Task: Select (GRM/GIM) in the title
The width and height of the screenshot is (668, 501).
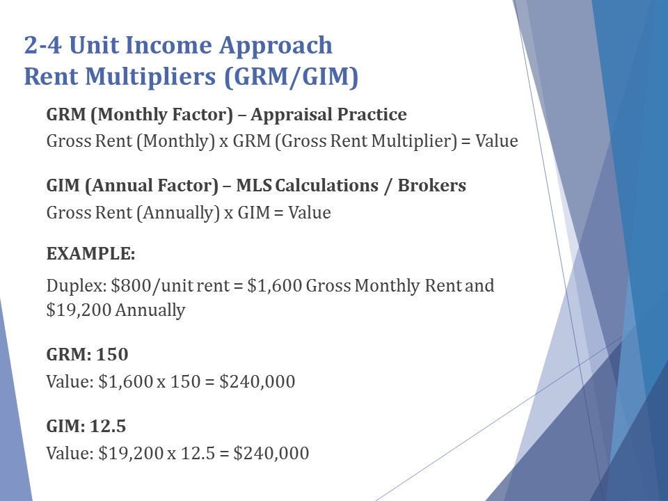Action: point(291,77)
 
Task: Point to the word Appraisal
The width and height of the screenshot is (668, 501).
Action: point(291,115)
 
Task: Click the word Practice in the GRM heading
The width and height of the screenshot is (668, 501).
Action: point(372,114)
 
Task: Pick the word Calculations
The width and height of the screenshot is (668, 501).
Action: point(327,185)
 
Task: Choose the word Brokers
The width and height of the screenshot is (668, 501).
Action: point(431,185)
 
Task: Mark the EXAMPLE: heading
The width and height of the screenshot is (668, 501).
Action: point(90,253)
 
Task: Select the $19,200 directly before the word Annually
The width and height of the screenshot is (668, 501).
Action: point(79,310)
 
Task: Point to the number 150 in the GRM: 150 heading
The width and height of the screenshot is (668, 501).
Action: point(112,354)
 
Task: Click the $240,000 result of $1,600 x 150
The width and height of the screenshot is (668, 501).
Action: point(257,382)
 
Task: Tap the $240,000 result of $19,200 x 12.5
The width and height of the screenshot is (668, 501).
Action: point(271,453)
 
